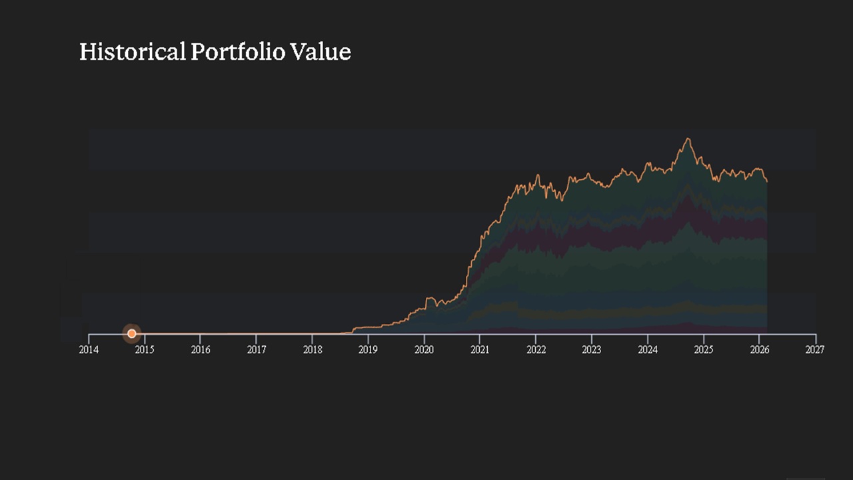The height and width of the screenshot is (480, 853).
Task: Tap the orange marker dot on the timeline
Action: pos(132,333)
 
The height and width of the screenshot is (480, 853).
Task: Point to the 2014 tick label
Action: pos(89,350)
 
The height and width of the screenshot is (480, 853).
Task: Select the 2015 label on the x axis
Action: pos(145,350)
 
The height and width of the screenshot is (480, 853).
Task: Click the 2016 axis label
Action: pos(201,350)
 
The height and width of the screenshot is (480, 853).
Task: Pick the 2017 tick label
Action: pos(257,350)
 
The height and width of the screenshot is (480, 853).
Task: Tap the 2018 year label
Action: pos(313,350)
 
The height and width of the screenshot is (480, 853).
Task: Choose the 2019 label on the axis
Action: pos(368,350)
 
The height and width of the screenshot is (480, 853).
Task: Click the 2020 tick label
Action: pos(424,350)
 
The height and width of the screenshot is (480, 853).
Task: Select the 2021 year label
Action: pos(480,350)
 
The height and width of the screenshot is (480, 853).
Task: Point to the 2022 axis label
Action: pos(536,350)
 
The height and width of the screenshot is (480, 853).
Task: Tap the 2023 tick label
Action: pos(591,350)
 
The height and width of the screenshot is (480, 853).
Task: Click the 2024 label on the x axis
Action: pos(647,350)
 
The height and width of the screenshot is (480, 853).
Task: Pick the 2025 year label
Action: pos(703,350)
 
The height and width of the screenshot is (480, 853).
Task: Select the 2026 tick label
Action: pos(759,350)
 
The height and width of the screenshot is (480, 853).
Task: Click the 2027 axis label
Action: pos(815,350)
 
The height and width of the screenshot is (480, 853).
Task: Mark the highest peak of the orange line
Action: pos(688,139)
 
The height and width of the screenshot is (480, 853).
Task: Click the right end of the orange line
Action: pos(767,181)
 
